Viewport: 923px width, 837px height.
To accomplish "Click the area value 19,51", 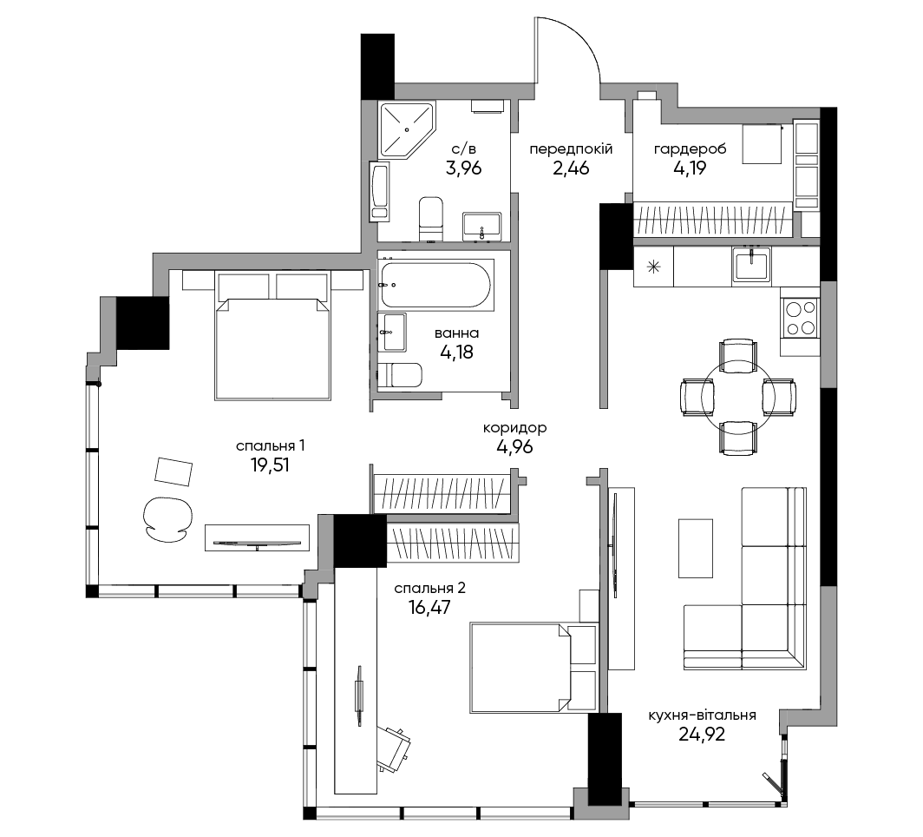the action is point(270,465).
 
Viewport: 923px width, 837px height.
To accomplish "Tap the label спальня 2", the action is point(429,588).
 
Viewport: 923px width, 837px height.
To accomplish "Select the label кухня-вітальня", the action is point(702,715).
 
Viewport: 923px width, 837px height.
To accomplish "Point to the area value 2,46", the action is point(571,168).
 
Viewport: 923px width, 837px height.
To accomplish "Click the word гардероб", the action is point(690,149).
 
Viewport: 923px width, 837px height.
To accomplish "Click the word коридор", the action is point(514,428).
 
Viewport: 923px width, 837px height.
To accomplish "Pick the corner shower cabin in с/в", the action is point(407,130).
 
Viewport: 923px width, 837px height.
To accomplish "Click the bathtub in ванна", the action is point(435,285).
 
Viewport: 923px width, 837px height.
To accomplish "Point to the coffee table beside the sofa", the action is point(695,549).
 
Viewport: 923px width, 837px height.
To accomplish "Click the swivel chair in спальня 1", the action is point(167,519).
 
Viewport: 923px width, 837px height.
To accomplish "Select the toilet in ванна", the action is point(400,376).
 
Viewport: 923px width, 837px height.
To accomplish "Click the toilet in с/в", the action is point(431,219).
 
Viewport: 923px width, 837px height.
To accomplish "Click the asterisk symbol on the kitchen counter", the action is point(653,267).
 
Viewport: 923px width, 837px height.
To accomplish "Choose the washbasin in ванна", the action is point(392,333).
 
